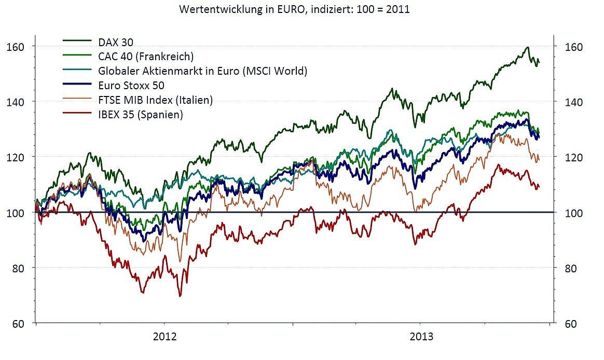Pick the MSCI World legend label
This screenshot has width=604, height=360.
click(x=202, y=70)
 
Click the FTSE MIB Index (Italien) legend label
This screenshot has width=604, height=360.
click(x=155, y=100)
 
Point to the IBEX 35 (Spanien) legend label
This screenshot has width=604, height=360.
click(x=140, y=115)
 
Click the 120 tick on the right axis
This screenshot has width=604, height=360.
click(x=573, y=157)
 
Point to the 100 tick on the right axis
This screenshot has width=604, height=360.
click(x=573, y=213)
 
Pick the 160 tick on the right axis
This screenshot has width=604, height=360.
click(x=573, y=47)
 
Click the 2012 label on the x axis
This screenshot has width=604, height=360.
click(x=165, y=337)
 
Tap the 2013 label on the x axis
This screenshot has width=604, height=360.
click(x=422, y=337)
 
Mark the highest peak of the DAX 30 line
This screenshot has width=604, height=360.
click(x=528, y=47)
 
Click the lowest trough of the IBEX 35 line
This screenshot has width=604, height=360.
click(x=180, y=296)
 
